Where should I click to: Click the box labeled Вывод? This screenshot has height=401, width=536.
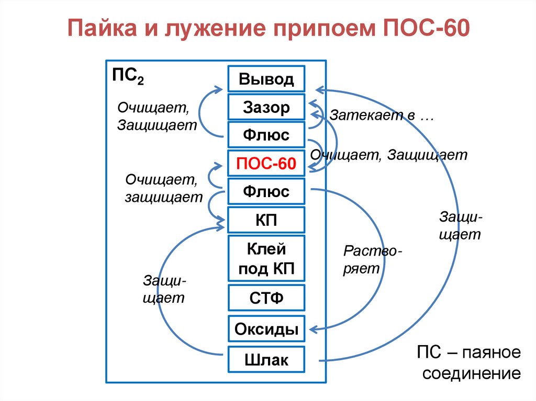coord(266,79)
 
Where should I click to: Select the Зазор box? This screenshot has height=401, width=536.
coord(266,107)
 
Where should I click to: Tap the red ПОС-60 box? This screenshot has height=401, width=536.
coord(266,164)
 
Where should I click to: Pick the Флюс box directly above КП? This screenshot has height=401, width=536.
coord(266,191)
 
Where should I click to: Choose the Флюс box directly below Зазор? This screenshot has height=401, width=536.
coord(266,135)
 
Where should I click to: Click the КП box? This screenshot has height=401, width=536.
coord(266,220)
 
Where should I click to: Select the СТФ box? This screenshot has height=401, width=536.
coord(266,299)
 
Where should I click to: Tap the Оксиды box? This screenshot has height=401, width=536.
coord(266,329)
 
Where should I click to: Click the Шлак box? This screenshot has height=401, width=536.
coord(266,360)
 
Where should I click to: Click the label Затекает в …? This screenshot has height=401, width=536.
coord(382,116)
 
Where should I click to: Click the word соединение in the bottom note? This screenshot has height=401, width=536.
coord(471,374)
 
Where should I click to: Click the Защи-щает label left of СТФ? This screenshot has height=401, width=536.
coord(164,290)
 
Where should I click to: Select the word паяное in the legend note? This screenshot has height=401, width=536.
coord(492,352)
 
